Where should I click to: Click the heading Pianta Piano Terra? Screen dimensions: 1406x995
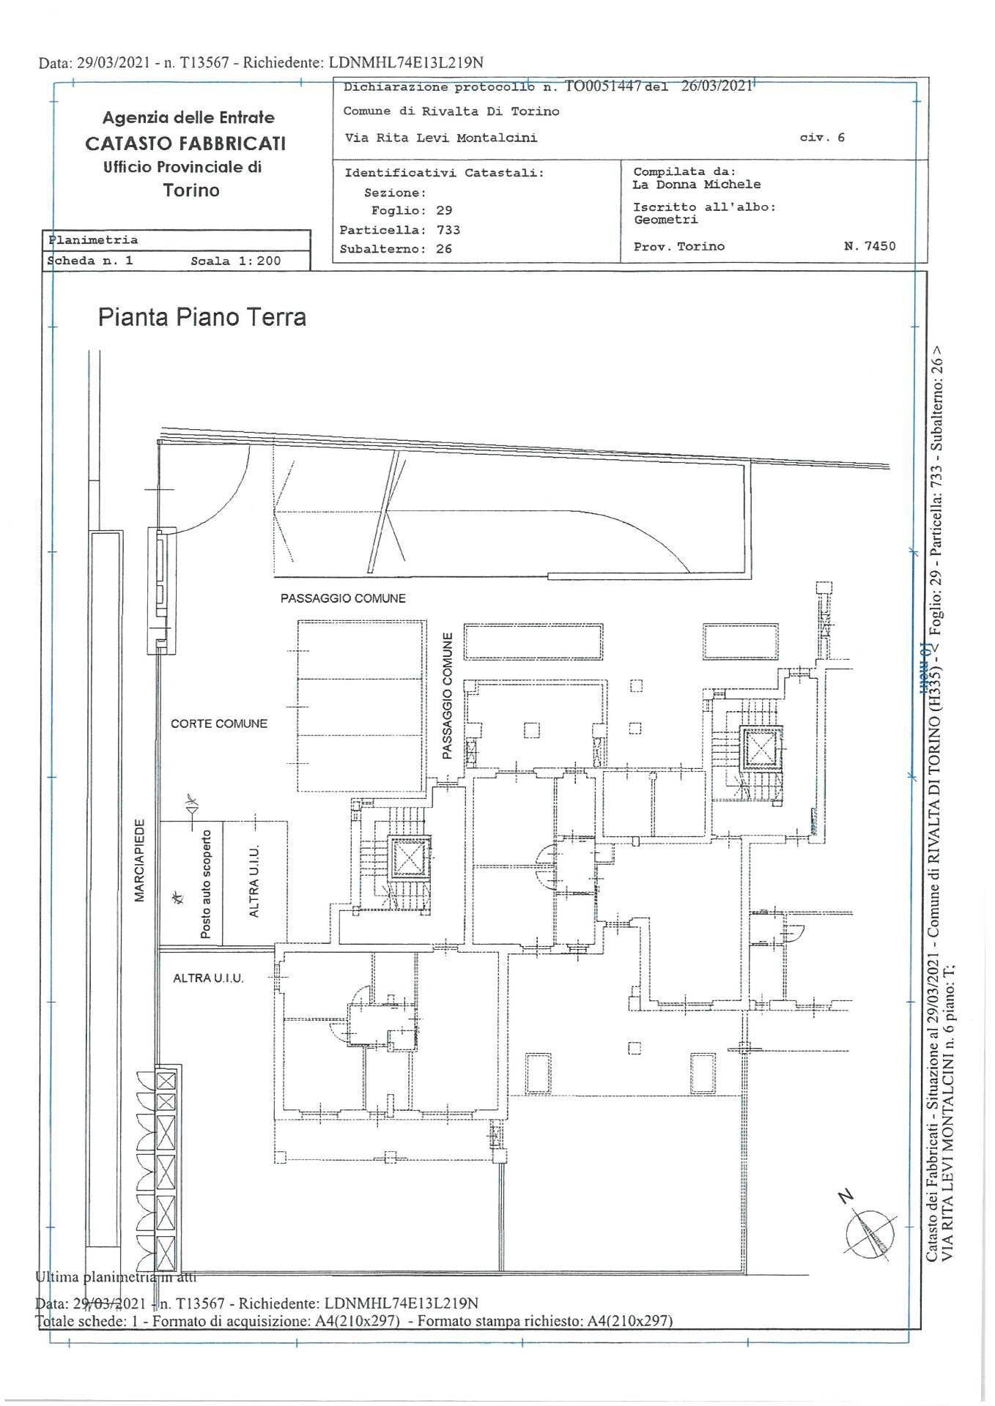point(201,318)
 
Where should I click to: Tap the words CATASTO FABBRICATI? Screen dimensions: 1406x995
point(185,143)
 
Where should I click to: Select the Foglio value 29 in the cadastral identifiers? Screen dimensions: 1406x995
point(444,210)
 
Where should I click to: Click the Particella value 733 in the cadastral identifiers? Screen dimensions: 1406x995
point(448,229)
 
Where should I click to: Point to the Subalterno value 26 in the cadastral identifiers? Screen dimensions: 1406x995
point(443,249)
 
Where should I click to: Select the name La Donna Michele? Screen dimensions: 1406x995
point(696,185)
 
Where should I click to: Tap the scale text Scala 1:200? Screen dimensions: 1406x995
point(235,261)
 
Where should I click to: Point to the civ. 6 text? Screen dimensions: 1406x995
point(823,137)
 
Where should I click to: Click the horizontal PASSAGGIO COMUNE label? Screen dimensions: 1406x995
point(343,598)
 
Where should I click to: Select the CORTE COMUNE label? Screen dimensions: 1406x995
point(219,724)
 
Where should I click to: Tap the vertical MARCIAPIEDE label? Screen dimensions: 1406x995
point(140,860)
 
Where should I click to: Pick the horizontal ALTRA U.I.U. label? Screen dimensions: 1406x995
point(208,978)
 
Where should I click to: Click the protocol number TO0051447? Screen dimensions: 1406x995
point(603,86)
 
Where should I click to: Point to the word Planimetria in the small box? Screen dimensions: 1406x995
point(93,239)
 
